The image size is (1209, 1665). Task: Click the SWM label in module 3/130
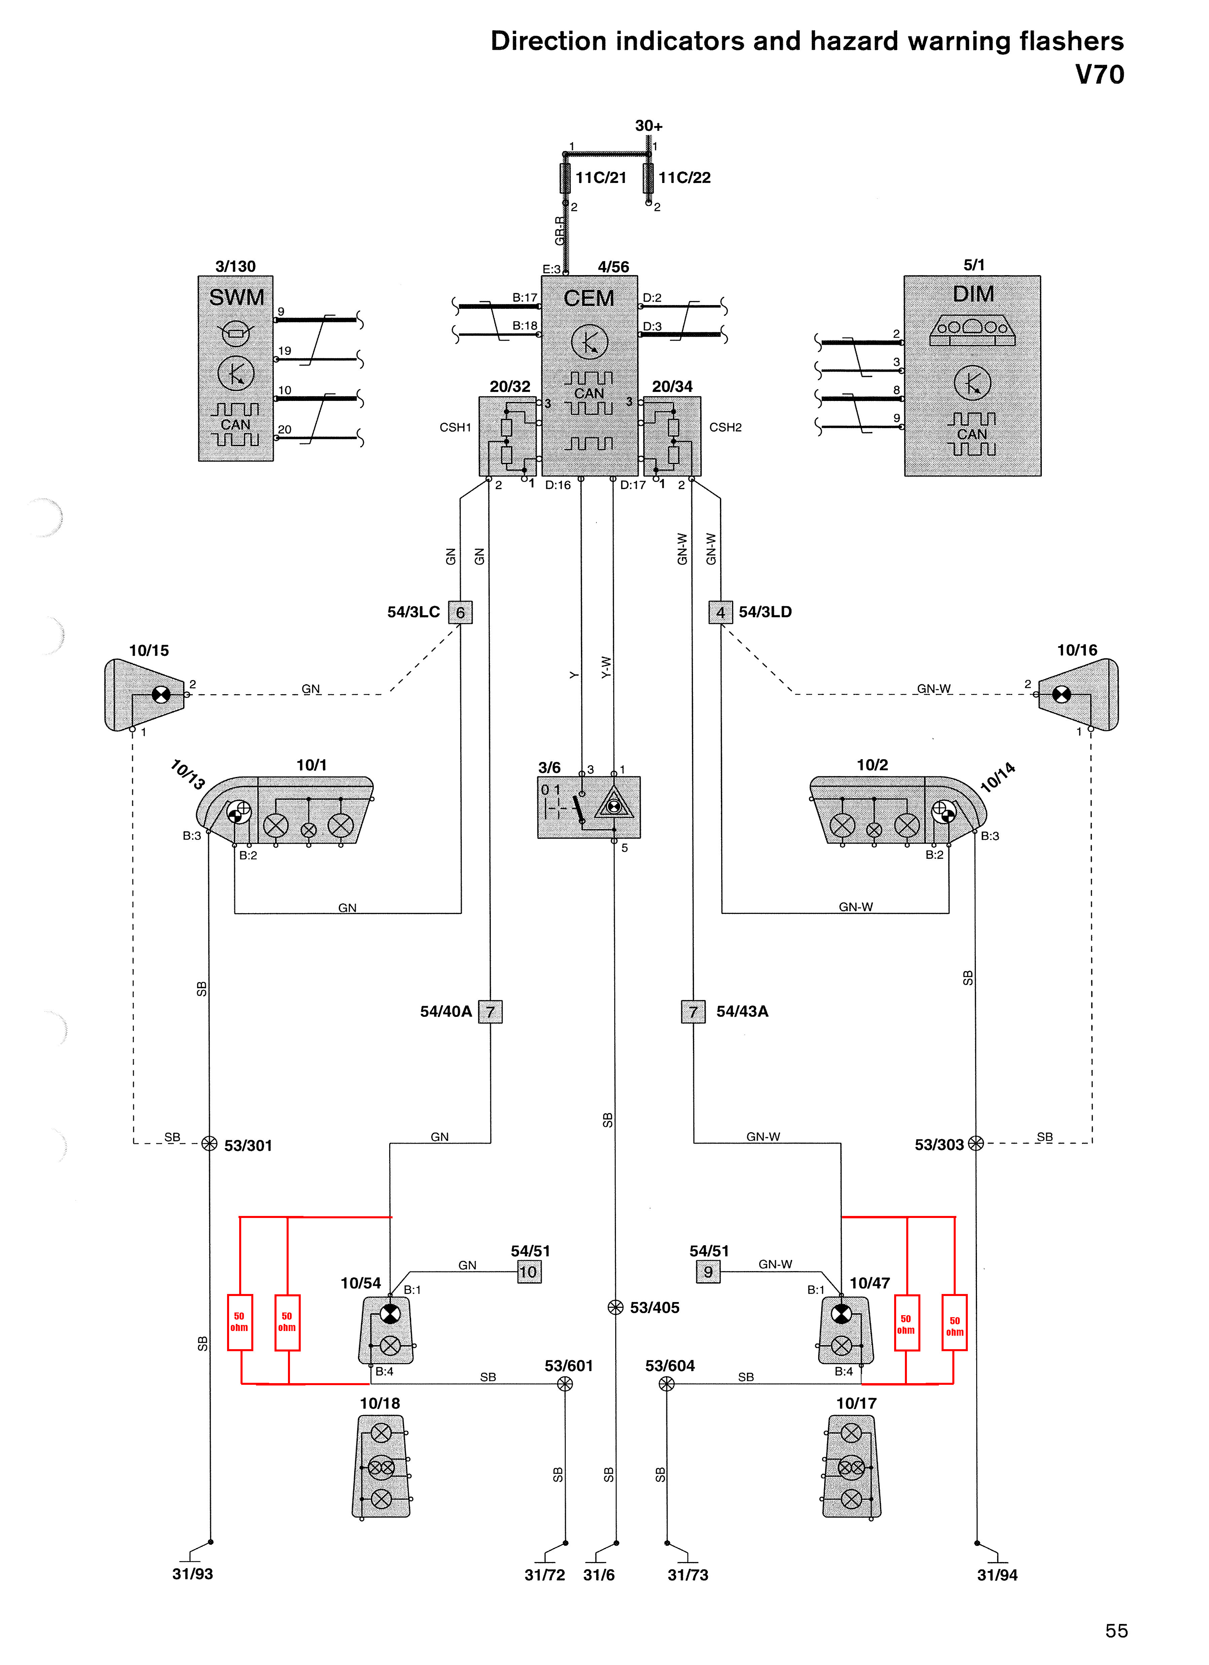(236, 297)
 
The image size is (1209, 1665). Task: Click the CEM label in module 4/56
(589, 298)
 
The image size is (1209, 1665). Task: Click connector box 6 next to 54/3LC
(460, 612)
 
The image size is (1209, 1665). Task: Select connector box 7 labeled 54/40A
(490, 1012)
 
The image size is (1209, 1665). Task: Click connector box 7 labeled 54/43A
(693, 1012)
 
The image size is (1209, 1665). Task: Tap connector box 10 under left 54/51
(528, 1272)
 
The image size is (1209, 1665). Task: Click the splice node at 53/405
(615, 1307)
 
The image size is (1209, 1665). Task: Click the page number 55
(1116, 1630)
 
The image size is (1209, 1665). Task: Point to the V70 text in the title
(1099, 75)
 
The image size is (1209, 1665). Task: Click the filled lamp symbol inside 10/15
(161, 695)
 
